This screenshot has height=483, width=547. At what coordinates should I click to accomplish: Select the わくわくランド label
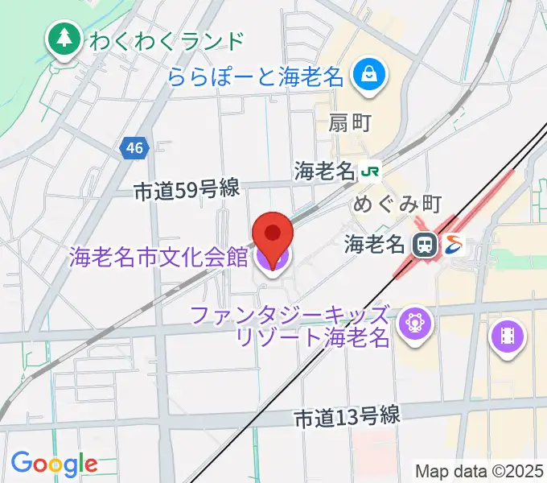(167, 39)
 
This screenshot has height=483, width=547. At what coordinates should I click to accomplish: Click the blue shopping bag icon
(371, 76)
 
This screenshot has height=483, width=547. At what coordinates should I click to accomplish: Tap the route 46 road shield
(134, 147)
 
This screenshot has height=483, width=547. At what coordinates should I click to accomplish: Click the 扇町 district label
(350, 122)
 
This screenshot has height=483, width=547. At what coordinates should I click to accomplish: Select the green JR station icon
(371, 171)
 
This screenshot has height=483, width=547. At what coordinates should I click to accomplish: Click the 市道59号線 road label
(186, 189)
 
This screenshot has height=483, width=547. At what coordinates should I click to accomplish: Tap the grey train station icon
(422, 244)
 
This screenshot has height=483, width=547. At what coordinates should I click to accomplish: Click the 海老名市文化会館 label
(158, 258)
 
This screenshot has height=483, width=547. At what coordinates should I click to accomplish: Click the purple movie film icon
(507, 334)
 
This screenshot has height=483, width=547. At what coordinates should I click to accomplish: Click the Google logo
(54, 463)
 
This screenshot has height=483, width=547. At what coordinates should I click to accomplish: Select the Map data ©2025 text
(479, 470)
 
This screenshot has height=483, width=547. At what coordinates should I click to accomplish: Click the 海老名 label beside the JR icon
(325, 171)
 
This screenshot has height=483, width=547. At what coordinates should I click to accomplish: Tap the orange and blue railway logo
(453, 243)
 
